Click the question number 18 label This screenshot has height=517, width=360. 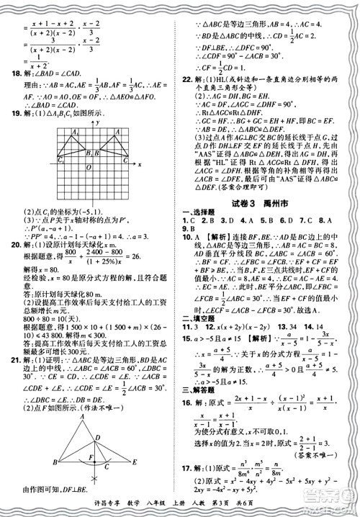[10, 73]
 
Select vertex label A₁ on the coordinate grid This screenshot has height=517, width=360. [55, 132]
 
